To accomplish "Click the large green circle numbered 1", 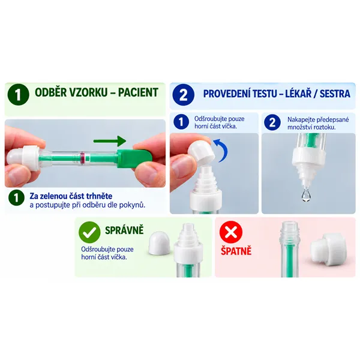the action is pos(19,95).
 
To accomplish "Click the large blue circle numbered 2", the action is pos(183,95).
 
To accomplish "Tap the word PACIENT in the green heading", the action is pos(138,92).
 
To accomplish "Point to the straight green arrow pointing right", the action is pos(110,141).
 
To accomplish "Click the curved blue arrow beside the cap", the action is pos(221,151).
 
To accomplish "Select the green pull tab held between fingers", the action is pos(134,158).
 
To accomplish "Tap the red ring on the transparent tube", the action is pos(82,158).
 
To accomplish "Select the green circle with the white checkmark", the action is pos(89,232).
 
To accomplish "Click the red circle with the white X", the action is pos(231,232).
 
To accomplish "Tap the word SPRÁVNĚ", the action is pos(124,230).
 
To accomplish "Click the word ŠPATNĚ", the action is pos(236,251).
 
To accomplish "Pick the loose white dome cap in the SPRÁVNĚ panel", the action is pos(160,243).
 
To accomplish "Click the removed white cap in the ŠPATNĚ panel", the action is pos(328,247).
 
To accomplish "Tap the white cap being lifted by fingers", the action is pos(202,152).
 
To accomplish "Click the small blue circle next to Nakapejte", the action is pos(272,122).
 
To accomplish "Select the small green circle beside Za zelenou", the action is pos(17,197).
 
